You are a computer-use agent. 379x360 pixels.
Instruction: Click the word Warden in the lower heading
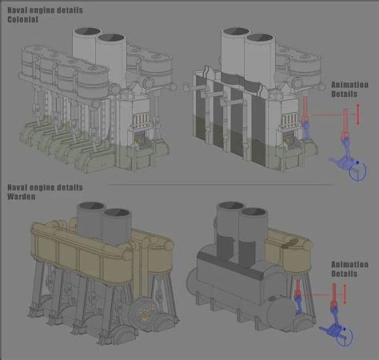tap(22, 196)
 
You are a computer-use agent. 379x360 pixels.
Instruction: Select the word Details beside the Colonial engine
tap(345, 94)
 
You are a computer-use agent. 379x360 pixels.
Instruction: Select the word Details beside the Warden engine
tap(345, 274)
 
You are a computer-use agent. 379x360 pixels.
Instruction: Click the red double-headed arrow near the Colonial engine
tap(358, 113)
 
